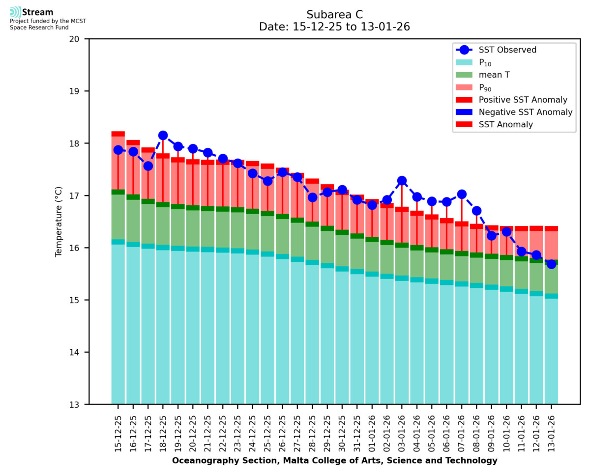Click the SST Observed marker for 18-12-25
(x=163, y=136)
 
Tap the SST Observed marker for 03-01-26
(x=402, y=181)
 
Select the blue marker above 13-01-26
(x=551, y=264)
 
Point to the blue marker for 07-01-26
(x=462, y=195)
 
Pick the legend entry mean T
(x=495, y=75)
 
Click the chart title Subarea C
(x=334, y=14)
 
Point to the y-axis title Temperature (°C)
(x=59, y=222)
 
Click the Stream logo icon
(x=15, y=12)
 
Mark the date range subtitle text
(x=334, y=27)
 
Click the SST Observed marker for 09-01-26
(x=492, y=236)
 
